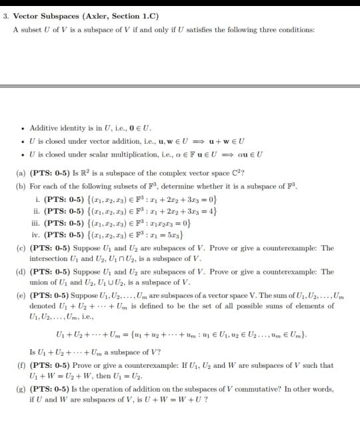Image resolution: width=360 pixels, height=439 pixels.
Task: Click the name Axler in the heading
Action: [x=100, y=16]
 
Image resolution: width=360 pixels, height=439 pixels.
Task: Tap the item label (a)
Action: [x=21, y=172]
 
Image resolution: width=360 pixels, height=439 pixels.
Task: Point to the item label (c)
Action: [x=21, y=248]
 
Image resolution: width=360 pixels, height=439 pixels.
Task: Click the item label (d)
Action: [x=21, y=272]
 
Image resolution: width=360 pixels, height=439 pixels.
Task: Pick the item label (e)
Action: [x=21, y=295]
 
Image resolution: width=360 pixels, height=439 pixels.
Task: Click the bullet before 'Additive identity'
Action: [x=23, y=128]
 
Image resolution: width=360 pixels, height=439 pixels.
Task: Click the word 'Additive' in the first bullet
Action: [x=43, y=128]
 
